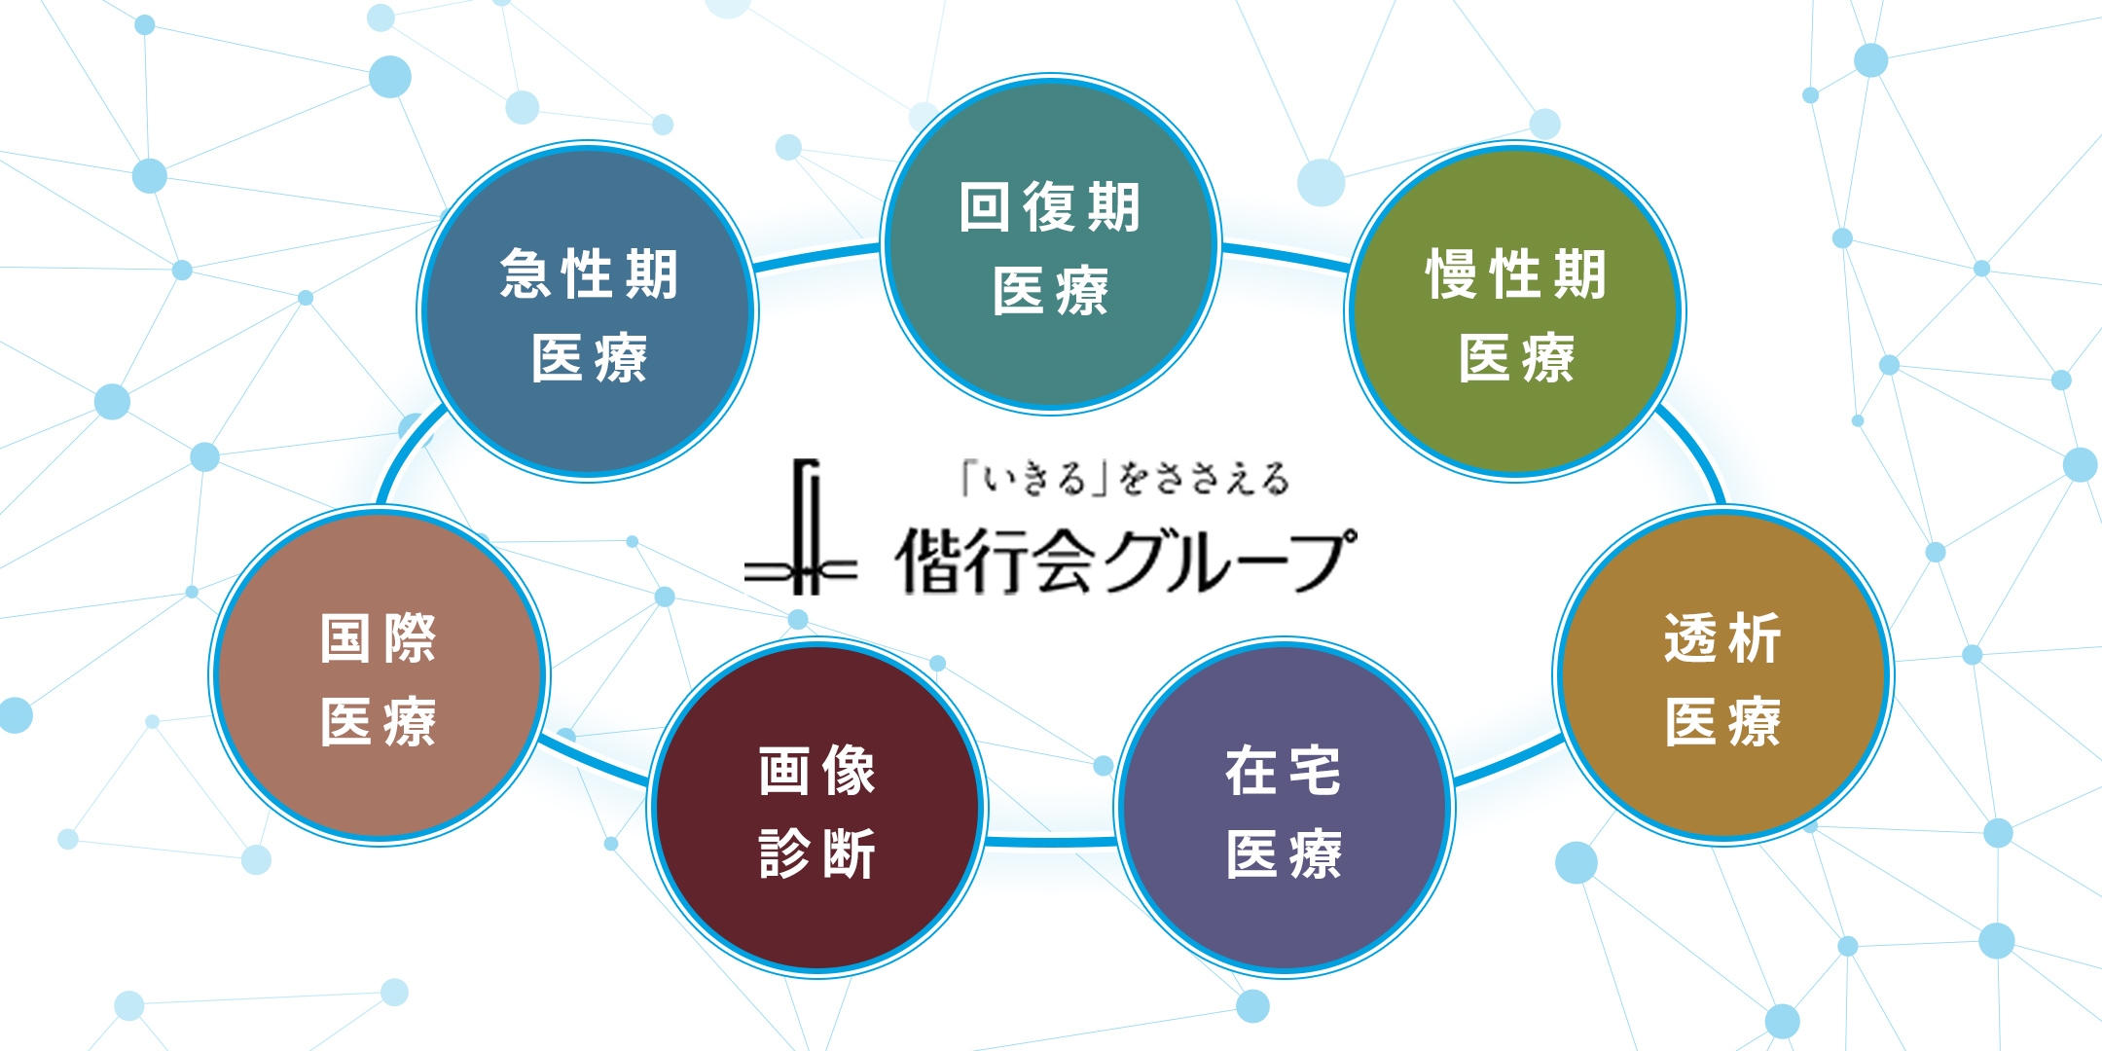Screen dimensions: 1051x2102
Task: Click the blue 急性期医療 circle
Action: click(588, 311)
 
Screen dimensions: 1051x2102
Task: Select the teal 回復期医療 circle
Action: click(1050, 243)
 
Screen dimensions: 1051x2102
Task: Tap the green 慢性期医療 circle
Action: click(1515, 311)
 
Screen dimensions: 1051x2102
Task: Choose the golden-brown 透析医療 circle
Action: click(1722, 675)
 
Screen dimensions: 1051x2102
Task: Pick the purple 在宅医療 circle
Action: click(1284, 808)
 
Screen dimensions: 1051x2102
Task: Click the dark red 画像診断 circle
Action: click(817, 808)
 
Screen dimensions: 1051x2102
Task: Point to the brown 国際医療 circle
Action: click(379, 675)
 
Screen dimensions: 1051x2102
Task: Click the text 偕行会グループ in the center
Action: click(1124, 561)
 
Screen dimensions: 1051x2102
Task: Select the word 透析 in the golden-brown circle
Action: click(1722, 638)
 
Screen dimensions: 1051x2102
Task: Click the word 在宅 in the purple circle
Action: click(1284, 771)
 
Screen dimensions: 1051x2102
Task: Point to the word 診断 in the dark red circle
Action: click(817, 853)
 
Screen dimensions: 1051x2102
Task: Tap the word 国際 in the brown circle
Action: click(379, 638)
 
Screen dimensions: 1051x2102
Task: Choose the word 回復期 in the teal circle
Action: click(1050, 207)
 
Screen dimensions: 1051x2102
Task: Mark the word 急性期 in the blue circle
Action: click(588, 273)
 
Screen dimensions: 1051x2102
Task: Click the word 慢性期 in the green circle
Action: click(1515, 273)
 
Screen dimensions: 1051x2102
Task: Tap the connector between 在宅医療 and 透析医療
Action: click(1508, 762)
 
